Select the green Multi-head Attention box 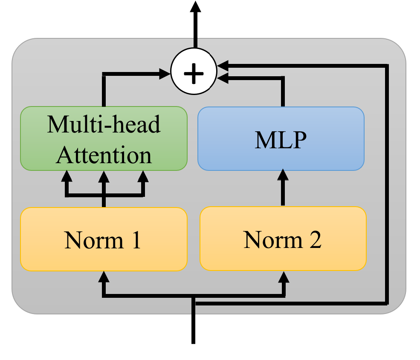tap(104, 139)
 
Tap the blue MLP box tap(281, 139)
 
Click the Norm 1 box tap(104, 239)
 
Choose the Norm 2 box tap(283, 239)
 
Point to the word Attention tap(104, 155)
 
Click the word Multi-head tap(104, 124)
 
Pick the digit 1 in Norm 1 tap(136, 240)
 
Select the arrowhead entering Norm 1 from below tap(103, 277)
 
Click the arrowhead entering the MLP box tap(282, 175)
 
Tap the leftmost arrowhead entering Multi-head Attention tap(67, 176)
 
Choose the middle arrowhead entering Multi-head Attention tap(103, 176)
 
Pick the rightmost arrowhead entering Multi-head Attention tap(143, 176)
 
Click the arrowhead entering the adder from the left tap(165, 74)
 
